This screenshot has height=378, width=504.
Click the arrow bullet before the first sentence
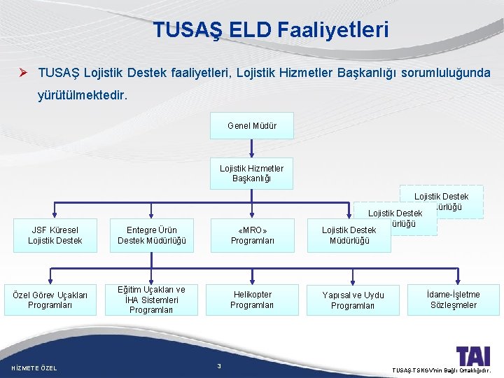tap(24, 72)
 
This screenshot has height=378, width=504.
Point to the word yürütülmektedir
tap(83, 96)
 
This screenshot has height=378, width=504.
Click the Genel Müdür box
tap(252, 126)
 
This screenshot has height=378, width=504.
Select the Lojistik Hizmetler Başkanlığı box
tap(252, 173)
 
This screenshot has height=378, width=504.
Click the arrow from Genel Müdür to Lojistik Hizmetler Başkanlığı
tap(252, 148)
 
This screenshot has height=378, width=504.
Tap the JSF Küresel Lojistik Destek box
tap(55, 235)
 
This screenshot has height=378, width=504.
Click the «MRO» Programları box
tap(252, 235)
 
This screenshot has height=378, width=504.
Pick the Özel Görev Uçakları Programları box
tap(50, 300)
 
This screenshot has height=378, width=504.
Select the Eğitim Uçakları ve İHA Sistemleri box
tap(151, 300)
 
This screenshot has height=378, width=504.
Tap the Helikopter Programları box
tap(252, 300)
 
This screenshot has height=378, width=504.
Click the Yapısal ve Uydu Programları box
tap(353, 300)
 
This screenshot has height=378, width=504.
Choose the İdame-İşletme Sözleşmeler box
tap(454, 300)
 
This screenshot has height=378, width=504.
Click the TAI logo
tap(472, 355)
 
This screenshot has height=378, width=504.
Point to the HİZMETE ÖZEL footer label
tap(35, 368)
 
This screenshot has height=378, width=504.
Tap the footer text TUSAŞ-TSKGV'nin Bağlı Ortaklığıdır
tap(442, 369)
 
